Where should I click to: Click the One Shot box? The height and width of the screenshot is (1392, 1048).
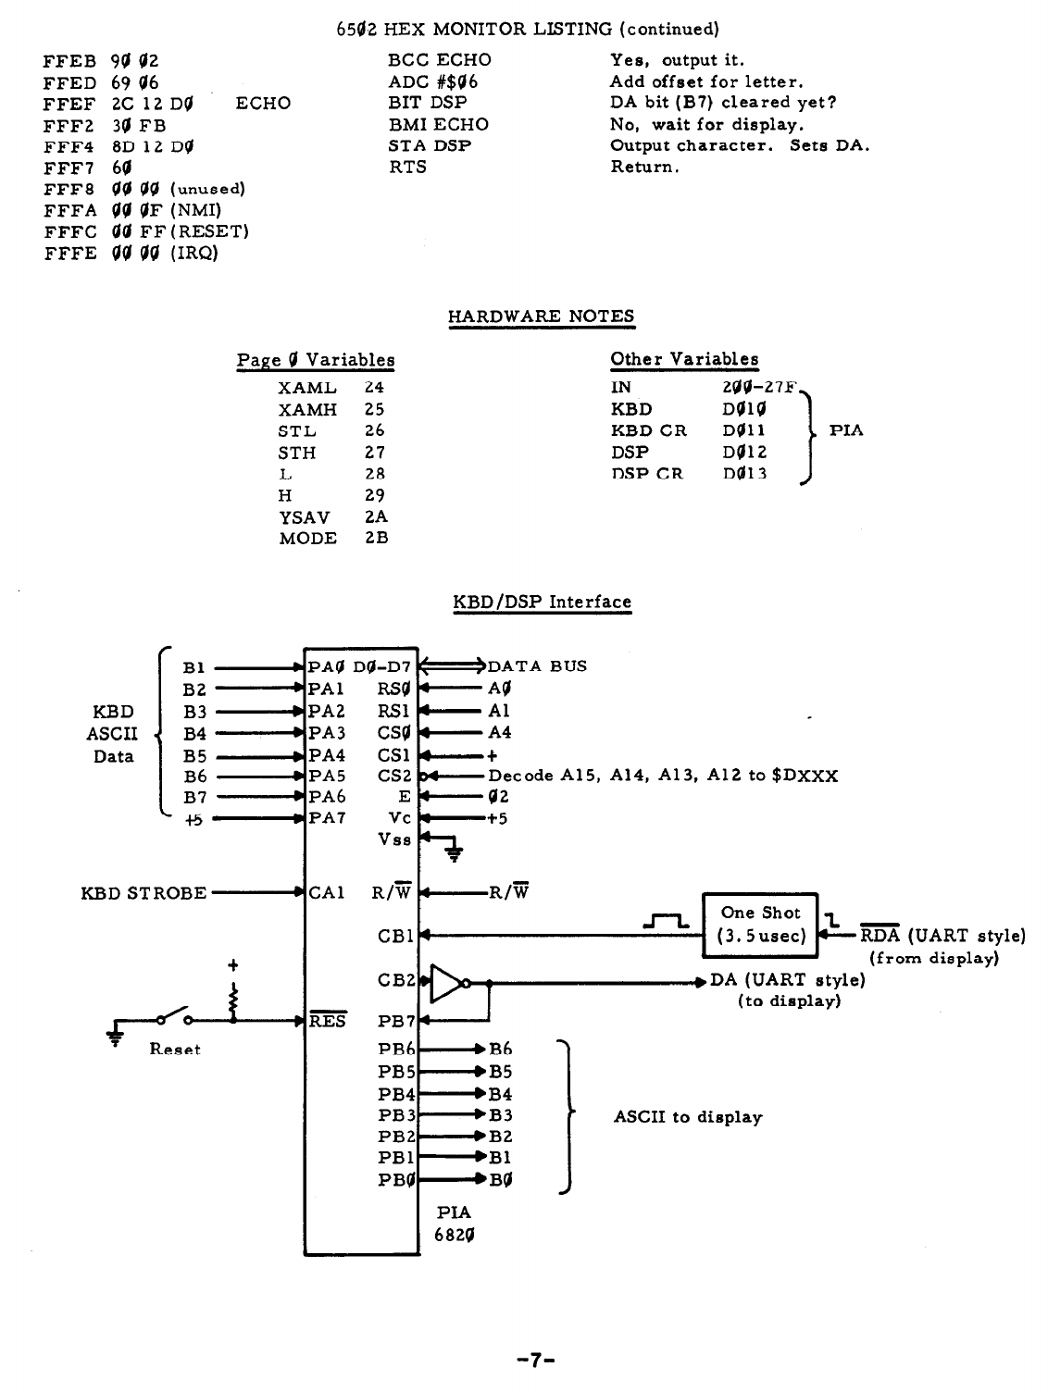pyautogui.click(x=761, y=925)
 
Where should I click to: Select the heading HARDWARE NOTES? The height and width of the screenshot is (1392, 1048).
pyautogui.click(x=541, y=317)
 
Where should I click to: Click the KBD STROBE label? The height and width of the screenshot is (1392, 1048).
pyautogui.click(x=143, y=893)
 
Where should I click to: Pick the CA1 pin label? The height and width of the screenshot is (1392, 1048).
pyautogui.click(x=327, y=893)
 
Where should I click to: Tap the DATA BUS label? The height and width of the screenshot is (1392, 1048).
pyautogui.click(x=537, y=666)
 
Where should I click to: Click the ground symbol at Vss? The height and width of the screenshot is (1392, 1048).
pyautogui.click(x=454, y=851)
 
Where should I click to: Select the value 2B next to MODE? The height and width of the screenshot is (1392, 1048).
pyautogui.click(x=376, y=539)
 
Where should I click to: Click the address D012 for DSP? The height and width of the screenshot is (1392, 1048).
pyautogui.click(x=744, y=453)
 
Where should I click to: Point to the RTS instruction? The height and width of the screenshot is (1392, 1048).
pyautogui.click(x=407, y=168)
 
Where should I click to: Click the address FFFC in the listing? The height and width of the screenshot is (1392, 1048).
pyautogui.click(x=69, y=231)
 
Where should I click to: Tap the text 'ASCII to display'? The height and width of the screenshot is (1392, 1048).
pyautogui.click(x=688, y=1117)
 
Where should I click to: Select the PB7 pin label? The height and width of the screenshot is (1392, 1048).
pyautogui.click(x=397, y=1022)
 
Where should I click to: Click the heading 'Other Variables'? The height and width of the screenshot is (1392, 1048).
pyautogui.click(x=684, y=359)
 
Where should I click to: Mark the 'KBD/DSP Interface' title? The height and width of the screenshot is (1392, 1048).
pyautogui.click(x=542, y=603)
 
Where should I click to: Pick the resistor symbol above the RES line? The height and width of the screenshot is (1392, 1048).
pyautogui.click(x=233, y=998)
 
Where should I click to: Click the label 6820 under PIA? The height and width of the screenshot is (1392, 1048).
pyautogui.click(x=455, y=1235)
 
